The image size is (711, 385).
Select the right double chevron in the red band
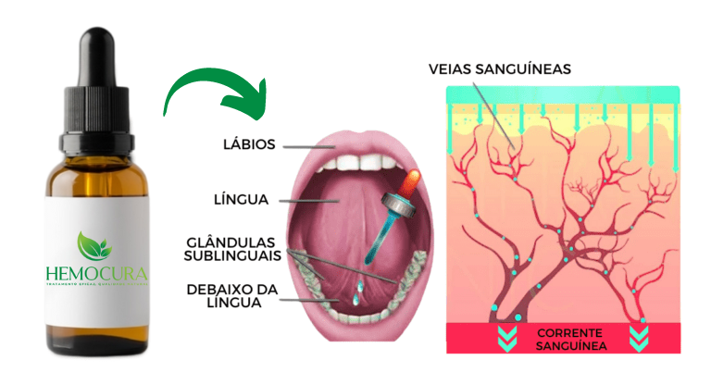point(638,338)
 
